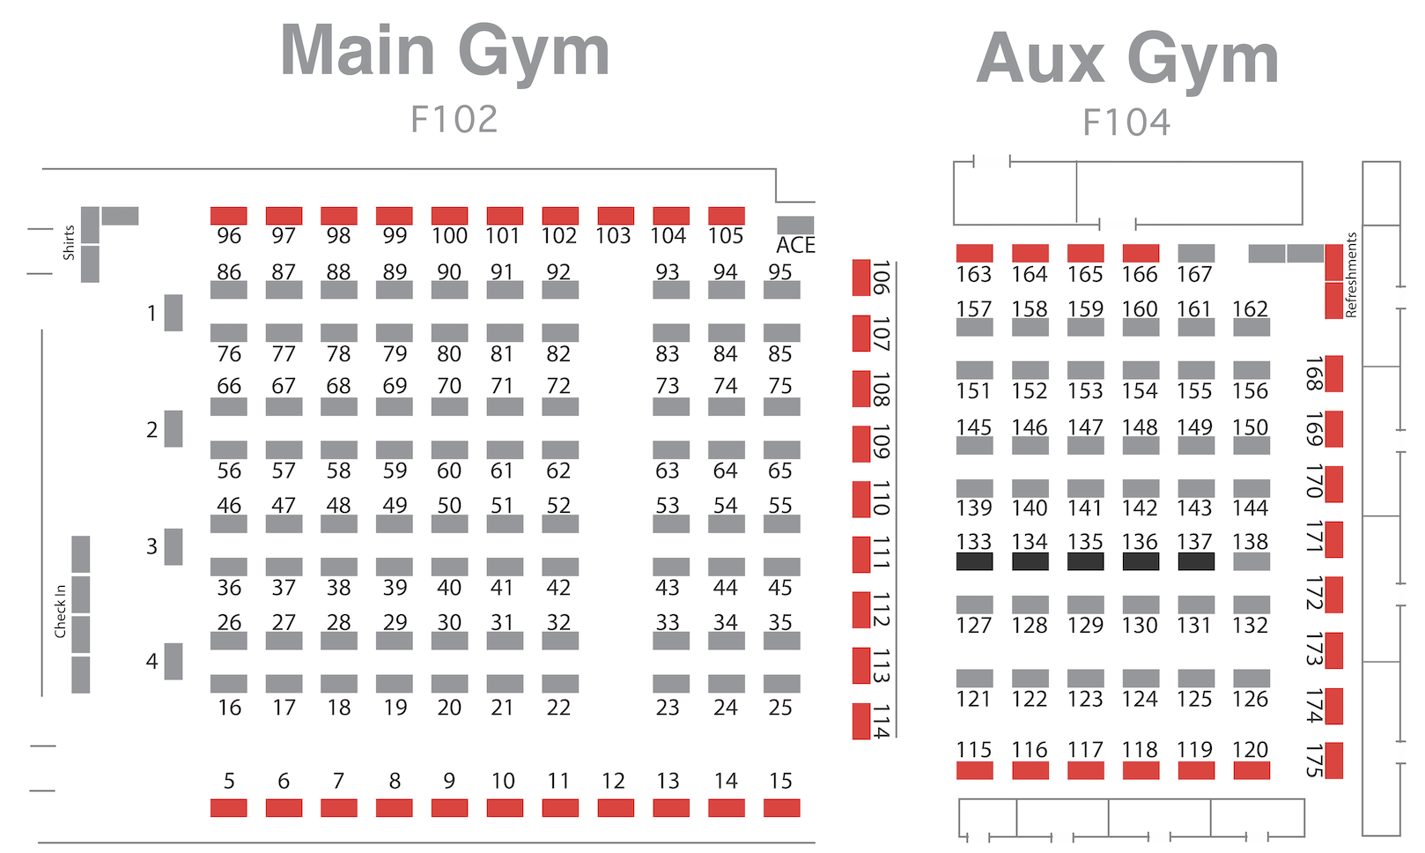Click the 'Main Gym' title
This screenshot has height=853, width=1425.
pyautogui.click(x=445, y=51)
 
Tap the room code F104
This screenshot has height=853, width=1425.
pyautogui.click(x=1126, y=122)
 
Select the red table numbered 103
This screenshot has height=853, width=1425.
pyautogui.click(x=615, y=216)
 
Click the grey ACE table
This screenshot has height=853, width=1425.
pyautogui.click(x=795, y=225)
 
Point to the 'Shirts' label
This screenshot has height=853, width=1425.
pyautogui.click(x=69, y=242)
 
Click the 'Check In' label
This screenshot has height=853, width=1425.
pyautogui.click(x=61, y=611)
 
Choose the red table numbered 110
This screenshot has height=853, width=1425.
pyautogui.click(x=861, y=499)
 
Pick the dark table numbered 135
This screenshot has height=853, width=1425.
pyautogui.click(x=1085, y=561)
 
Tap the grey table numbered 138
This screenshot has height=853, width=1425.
pyautogui.click(x=1251, y=561)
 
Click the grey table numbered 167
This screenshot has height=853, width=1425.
pyautogui.click(x=1196, y=254)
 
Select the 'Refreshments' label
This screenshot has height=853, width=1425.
pyautogui.click(x=1351, y=275)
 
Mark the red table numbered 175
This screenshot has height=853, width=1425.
pyautogui.click(x=1334, y=760)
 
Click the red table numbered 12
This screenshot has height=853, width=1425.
pyautogui.click(x=615, y=808)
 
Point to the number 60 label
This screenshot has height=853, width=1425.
pyautogui.click(x=449, y=471)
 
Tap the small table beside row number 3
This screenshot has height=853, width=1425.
pyautogui.click(x=174, y=547)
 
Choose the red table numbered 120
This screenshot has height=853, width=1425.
pyautogui.click(x=1251, y=770)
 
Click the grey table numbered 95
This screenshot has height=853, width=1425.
pyautogui.click(x=782, y=290)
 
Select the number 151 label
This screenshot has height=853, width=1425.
pyautogui.click(x=974, y=391)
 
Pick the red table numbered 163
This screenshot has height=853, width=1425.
pyautogui.click(x=975, y=254)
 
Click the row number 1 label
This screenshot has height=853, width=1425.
pyautogui.click(x=151, y=313)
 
